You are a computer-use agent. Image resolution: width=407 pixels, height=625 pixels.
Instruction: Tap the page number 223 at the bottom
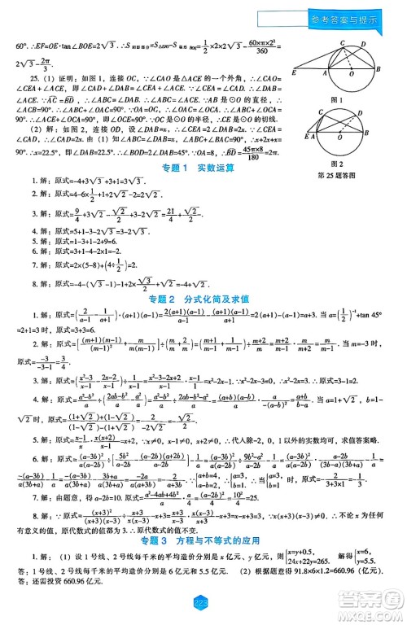(202, 602)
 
